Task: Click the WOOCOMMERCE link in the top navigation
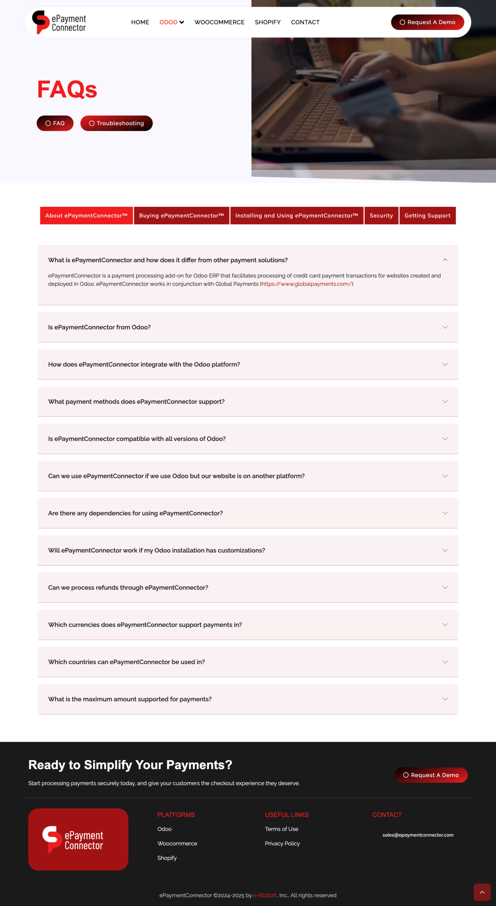tap(219, 22)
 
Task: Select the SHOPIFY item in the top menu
tap(268, 22)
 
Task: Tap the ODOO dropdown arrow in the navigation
tap(182, 22)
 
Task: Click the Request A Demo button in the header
tap(427, 22)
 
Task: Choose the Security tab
tap(381, 216)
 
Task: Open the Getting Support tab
tap(427, 216)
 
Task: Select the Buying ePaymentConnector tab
tap(181, 216)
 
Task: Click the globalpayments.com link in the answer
tap(306, 284)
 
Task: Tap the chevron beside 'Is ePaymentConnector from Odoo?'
tap(445, 327)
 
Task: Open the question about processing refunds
tap(128, 587)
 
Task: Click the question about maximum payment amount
tap(130, 699)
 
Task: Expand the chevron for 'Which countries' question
tap(445, 662)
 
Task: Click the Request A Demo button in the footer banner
tap(431, 775)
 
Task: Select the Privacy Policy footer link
tap(282, 843)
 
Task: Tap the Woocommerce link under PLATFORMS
tap(177, 843)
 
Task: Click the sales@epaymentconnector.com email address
tap(418, 835)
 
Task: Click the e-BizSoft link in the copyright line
tap(265, 895)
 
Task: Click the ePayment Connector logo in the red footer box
tap(78, 839)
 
